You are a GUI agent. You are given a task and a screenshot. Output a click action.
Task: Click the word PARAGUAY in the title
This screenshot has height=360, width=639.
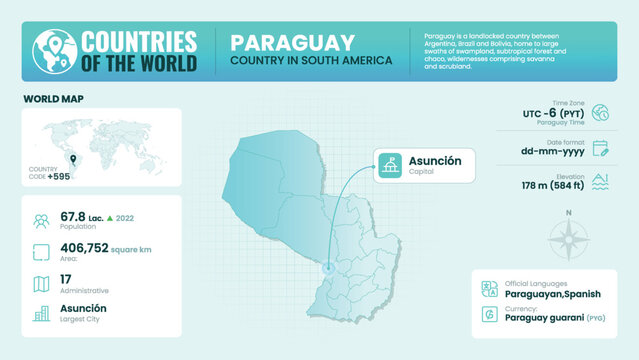292,42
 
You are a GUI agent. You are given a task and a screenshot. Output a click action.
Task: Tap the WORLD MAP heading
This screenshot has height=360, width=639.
53,99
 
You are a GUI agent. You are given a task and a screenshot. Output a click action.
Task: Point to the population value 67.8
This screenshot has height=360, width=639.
73,216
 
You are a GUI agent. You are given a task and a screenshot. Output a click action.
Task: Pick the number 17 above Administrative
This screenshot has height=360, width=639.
66,279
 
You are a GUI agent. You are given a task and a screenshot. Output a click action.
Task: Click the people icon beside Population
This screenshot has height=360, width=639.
41,221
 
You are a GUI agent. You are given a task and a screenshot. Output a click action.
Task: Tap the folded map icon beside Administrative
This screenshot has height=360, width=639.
41,284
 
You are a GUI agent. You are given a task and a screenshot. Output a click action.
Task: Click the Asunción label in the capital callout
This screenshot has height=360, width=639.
435,161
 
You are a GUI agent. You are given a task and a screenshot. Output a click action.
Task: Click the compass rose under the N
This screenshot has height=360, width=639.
568,241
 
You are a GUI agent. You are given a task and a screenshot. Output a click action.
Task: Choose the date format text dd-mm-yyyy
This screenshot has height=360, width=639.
553,152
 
